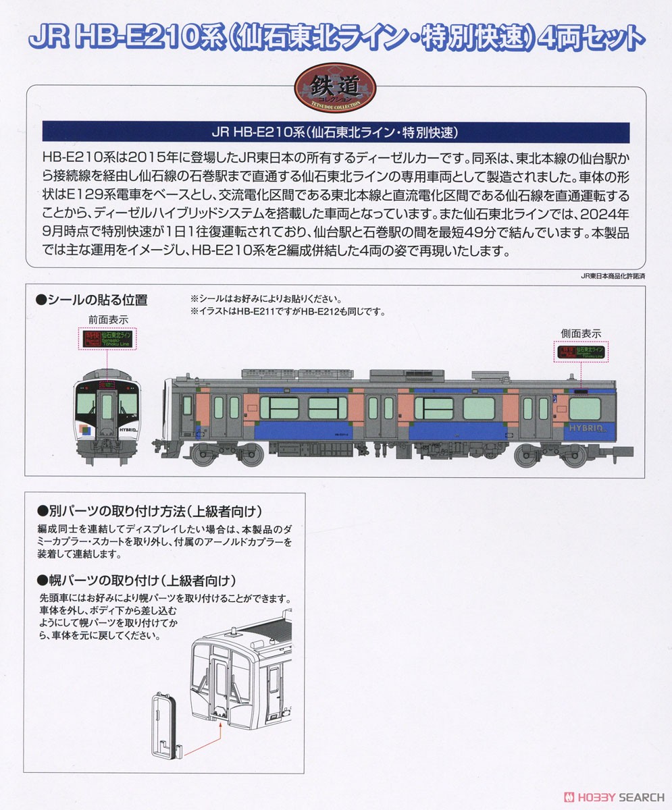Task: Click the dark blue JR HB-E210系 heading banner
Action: pyautogui.click(x=335, y=132)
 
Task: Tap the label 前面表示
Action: pyautogui.click(x=107, y=319)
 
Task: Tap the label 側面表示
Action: pyautogui.click(x=581, y=333)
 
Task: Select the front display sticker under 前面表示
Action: pyautogui.click(x=107, y=339)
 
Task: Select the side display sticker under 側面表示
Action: pyautogui.click(x=581, y=352)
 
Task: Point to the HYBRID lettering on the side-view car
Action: pyautogui.click(x=584, y=428)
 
